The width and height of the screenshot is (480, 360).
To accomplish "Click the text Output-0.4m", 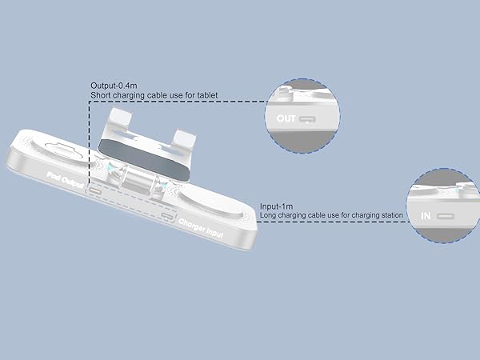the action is point(114,86).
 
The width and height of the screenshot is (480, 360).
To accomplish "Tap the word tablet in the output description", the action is point(207,95).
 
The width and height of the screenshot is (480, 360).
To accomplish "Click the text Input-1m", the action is point(277,206).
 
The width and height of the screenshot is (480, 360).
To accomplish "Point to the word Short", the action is point(101,95).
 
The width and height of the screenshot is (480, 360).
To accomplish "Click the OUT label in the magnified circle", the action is point(286,118).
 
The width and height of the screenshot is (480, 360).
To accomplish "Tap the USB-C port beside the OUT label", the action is point(308,119).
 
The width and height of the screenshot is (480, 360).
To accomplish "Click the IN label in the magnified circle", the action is point(426,216).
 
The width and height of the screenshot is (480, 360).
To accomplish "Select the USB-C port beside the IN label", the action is point(446,217).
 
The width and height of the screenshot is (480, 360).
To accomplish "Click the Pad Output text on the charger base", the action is point(65,180).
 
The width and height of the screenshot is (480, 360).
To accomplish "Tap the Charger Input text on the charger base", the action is point(201,228).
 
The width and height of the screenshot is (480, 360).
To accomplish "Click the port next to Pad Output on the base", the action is point(95,192).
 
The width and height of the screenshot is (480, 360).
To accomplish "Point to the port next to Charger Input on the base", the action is point(168,216).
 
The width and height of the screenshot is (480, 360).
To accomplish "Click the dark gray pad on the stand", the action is point(144,159).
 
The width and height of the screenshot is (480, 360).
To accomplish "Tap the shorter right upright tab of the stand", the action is point(185,138).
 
